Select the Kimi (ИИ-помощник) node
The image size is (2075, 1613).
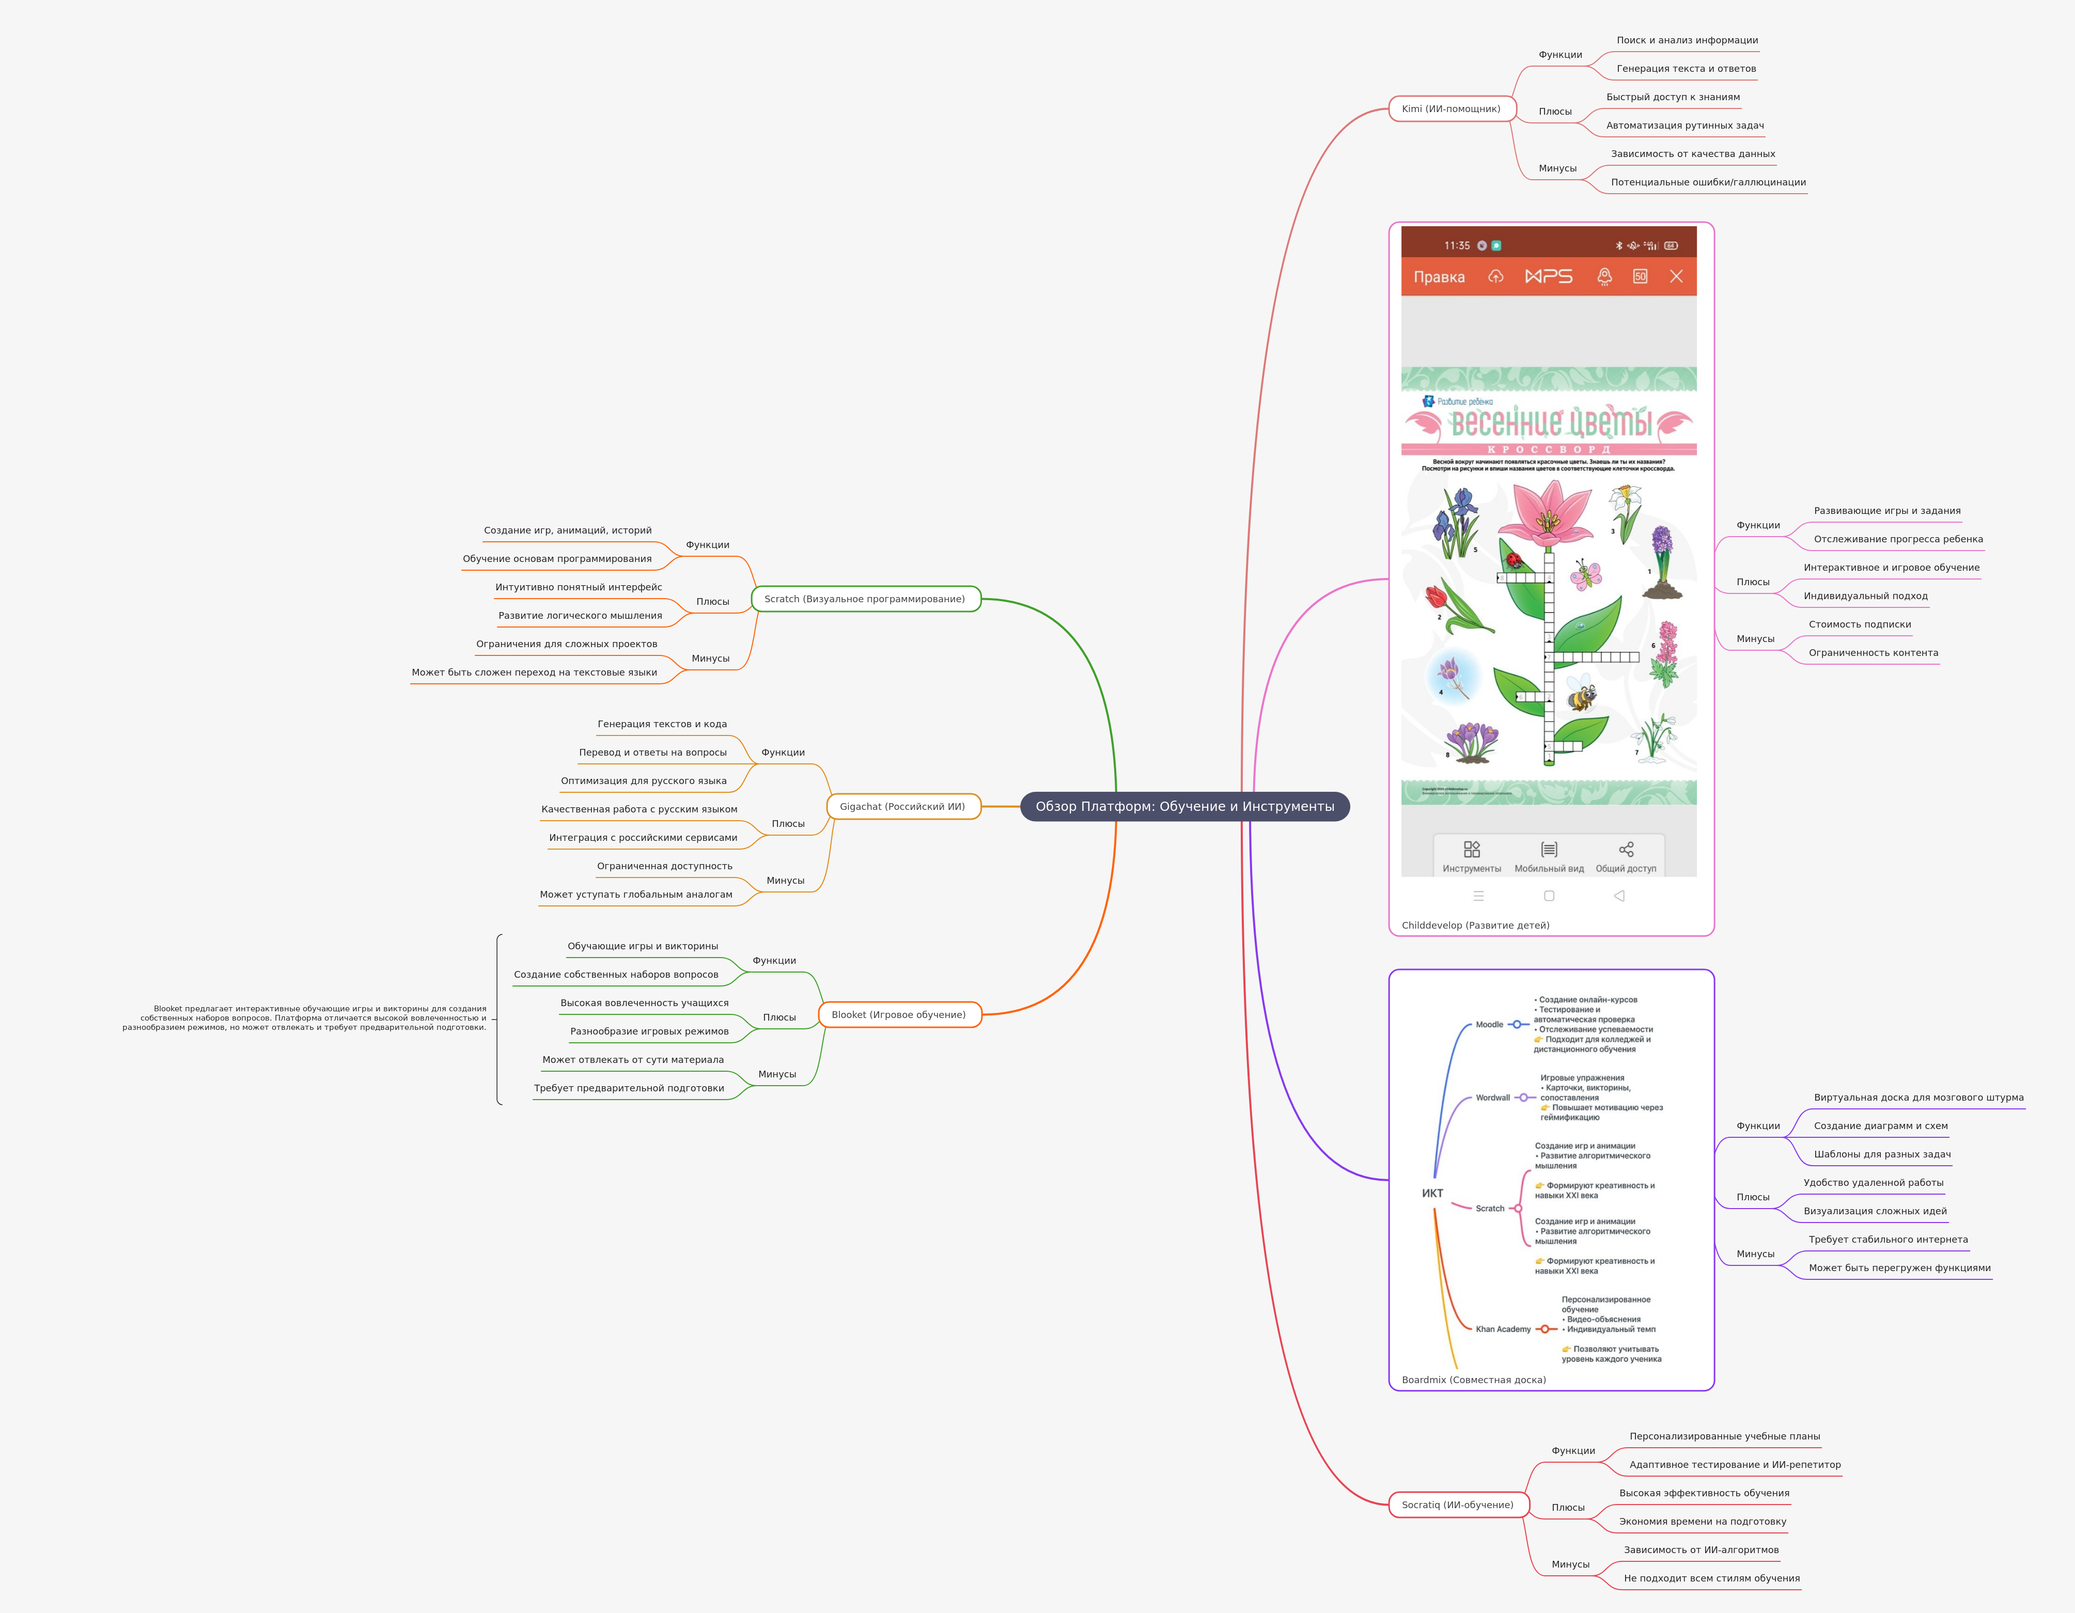(x=1451, y=109)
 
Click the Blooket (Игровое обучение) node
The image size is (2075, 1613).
(x=898, y=1014)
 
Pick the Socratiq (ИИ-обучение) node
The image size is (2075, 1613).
(x=1457, y=1505)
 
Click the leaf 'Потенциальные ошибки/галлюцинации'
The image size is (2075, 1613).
(x=1707, y=182)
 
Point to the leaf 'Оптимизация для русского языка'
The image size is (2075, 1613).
(x=643, y=781)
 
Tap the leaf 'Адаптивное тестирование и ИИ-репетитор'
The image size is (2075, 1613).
(x=1734, y=1465)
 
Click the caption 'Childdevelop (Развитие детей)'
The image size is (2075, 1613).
(x=1475, y=925)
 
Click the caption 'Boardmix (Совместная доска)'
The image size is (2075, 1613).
(x=1473, y=1380)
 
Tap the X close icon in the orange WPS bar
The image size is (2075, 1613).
(x=1676, y=276)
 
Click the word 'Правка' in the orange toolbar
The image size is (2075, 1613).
(x=1439, y=277)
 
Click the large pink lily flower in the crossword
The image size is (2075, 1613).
(x=1549, y=513)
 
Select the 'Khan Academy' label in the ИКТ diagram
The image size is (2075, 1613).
(x=1502, y=1329)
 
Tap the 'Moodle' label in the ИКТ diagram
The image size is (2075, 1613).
(x=1489, y=1025)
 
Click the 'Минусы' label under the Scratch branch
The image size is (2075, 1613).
(x=710, y=659)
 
